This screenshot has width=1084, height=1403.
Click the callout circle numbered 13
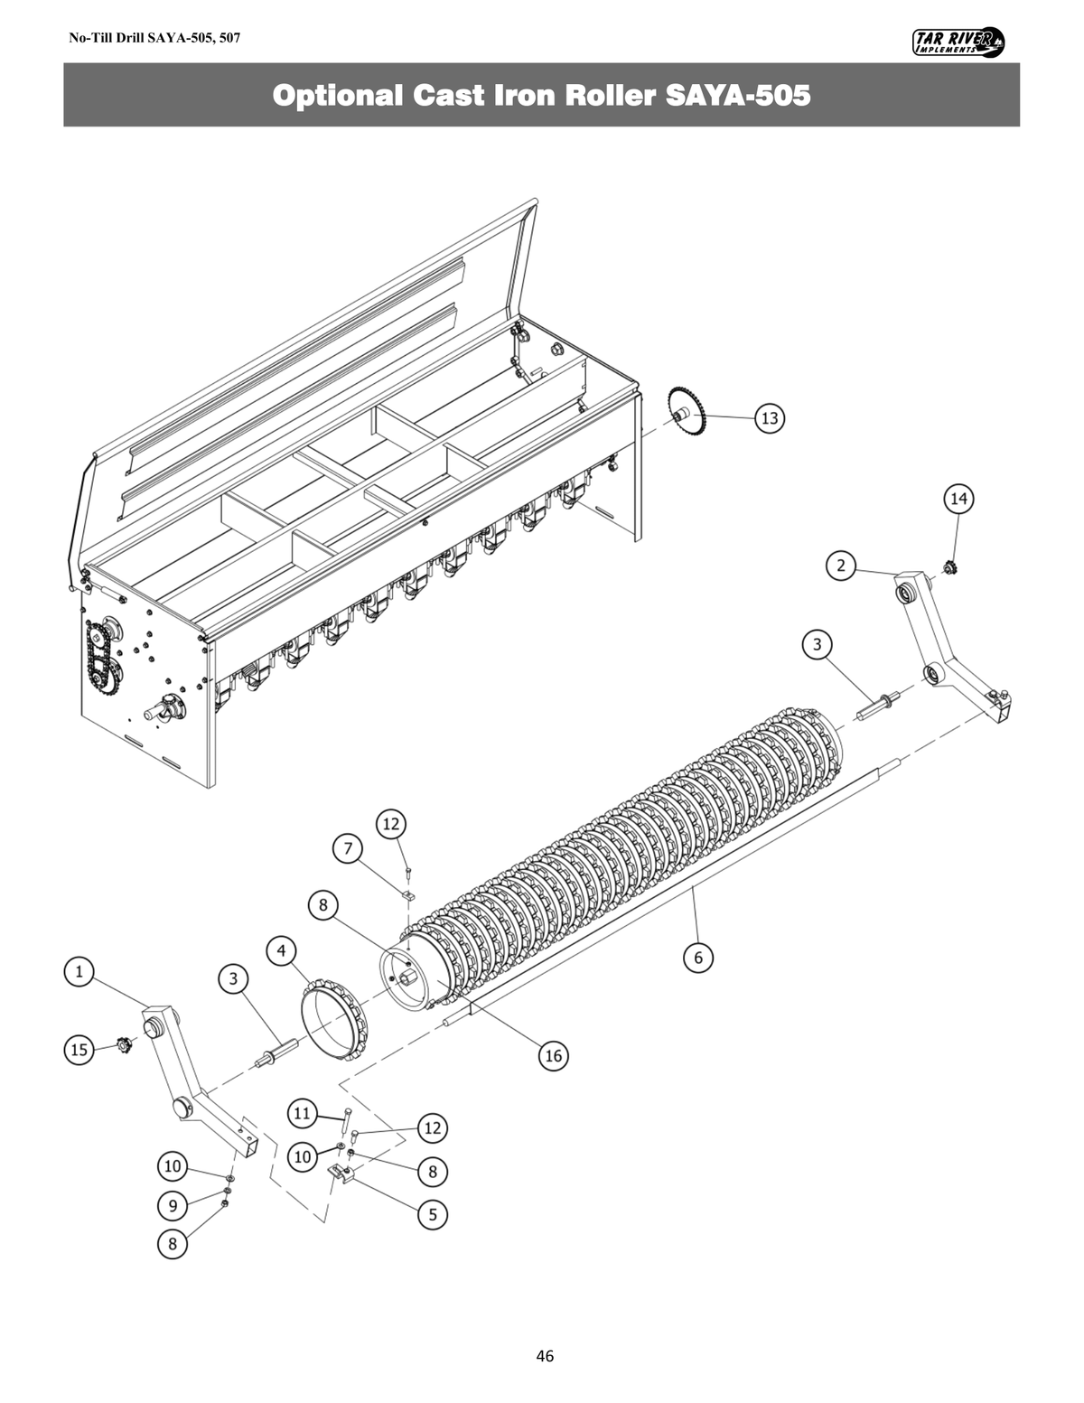tap(770, 418)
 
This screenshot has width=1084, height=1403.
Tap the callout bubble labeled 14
tap(958, 498)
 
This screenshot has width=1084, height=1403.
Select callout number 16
tap(553, 1055)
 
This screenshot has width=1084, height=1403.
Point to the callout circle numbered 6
tap(698, 957)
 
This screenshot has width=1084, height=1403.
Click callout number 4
tap(282, 950)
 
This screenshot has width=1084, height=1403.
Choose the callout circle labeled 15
tap(79, 1049)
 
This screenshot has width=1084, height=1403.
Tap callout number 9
tap(173, 1205)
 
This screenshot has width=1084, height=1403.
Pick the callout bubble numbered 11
tap(302, 1113)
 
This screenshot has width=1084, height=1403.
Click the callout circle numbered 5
tap(433, 1214)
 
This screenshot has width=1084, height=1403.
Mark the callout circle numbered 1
tap(79, 971)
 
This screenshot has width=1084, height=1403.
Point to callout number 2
tap(841, 566)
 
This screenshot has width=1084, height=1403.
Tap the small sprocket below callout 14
tap(949, 569)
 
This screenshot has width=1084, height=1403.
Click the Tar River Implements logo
tap(958, 42)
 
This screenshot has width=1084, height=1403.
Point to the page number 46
tap(545, 1356)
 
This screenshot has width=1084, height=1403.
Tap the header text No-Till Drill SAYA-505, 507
tap(154, 39)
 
